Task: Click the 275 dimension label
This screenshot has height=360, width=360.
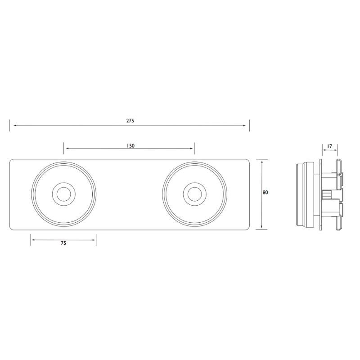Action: click(x=130, y=121)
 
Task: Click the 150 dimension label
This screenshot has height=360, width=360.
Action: click(x=130, y=146)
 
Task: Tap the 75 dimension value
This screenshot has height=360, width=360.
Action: click(x=63, y=243)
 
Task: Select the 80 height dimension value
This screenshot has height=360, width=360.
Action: click(x=265, y=193)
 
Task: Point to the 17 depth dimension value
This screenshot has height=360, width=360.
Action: click(x=329, y=146)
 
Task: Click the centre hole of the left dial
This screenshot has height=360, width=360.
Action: click(x=63, y=194)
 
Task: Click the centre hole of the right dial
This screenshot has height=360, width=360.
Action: click(x=194, y=194)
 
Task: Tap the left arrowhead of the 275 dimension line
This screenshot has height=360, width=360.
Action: click(x=15, y=126)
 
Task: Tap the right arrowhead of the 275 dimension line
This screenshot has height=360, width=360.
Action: click(x=244, y=126)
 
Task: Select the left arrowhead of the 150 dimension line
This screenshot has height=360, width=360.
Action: click(x=67, y=148)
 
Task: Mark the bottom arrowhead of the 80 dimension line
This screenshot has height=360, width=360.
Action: click(x=262, y=226)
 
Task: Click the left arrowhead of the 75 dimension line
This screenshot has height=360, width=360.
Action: click(x=33, y=240)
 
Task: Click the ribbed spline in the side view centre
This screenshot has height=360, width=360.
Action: click(x=327, y=194)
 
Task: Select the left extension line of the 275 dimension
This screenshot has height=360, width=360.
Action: click(x=9, y=126)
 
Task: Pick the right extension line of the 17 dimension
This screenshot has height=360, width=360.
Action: click(x=337, y=150)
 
